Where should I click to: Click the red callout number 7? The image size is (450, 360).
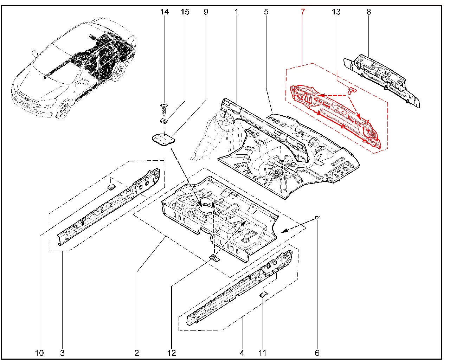[x=303, y=12]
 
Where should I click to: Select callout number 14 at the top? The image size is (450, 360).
[x=165, y=12]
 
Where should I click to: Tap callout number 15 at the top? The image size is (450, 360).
[x=185, y=12]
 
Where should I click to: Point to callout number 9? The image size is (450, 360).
[x=206, y=12]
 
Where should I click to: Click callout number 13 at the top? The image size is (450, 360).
[x=336, y=12]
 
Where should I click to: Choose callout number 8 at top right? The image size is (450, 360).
[x=369, y=12]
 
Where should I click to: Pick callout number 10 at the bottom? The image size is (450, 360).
[x=39, y=353]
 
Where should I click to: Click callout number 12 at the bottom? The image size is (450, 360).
[x=172, y=353]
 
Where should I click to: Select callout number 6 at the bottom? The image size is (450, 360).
[x=317, y=353]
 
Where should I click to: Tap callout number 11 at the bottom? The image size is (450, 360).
[x=263, y=353]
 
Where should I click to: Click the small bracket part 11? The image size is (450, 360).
[x=264, y=294]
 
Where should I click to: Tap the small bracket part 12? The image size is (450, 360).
[x=214, y=258]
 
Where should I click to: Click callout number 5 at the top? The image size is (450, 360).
[x=266, y=12]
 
